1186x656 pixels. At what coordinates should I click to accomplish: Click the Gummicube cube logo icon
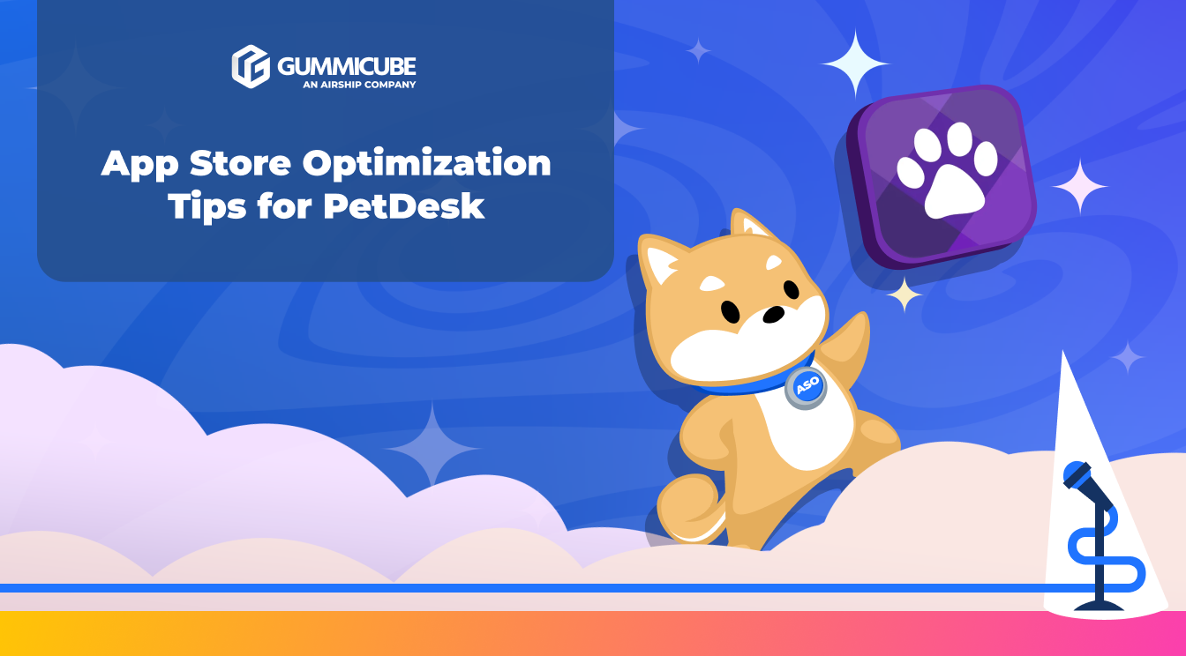point(251,66)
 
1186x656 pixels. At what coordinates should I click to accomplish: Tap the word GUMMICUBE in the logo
point(346,66)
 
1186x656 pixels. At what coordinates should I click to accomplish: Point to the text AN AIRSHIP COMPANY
point(359,85)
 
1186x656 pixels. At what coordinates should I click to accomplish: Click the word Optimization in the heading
point(426,165)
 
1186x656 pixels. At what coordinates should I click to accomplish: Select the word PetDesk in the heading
point(404,205)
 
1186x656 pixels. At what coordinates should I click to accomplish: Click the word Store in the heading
point(240,163)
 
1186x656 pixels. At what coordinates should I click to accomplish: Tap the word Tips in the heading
point(207,207)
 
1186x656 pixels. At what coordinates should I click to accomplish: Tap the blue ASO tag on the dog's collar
point(806,388)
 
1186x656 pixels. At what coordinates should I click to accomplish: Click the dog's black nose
point(774,314)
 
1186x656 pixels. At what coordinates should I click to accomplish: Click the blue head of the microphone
point(1077,475)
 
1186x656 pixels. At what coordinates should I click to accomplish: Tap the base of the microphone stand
point(1099,605)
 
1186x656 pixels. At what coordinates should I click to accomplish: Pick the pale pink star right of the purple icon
point(1079,186)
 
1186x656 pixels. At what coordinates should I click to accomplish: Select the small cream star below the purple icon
point(905,294)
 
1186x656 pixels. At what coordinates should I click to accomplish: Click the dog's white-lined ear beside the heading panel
point(662,259)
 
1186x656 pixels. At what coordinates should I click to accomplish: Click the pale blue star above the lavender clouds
point(432,447)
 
